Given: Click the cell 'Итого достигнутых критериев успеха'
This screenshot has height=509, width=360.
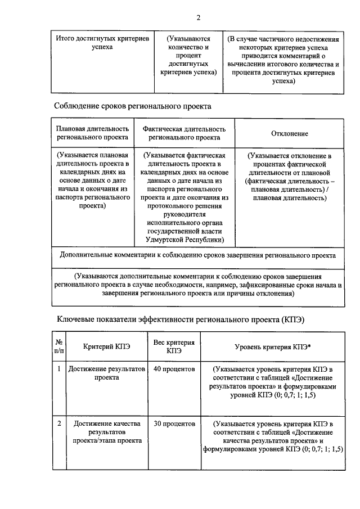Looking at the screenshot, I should [x=102, y=43].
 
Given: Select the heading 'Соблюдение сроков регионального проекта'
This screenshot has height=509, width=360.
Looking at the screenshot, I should [x=132, y=106].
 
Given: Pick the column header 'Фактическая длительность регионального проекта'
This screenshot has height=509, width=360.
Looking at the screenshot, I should [x=184, y=133].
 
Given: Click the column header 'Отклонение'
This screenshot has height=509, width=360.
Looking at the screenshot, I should [x=290, y=133].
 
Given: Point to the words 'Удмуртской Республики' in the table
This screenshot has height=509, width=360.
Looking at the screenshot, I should [x=184, y=240].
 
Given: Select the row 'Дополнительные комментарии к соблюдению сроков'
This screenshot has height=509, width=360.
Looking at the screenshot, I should [x=198, y=255].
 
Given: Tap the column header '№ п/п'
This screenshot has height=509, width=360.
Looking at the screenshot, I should [x=58, y=346].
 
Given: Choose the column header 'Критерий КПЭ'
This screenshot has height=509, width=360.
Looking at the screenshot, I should [x=107, y=347].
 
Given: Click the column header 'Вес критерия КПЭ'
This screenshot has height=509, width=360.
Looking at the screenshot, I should [x=174, y=346].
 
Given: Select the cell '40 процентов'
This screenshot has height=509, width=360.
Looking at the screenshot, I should [x=174, y=370].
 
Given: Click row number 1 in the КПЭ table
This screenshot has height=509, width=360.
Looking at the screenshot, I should [x=58, y=370].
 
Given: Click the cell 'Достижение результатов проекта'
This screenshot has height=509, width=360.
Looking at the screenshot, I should [x=107, y=373].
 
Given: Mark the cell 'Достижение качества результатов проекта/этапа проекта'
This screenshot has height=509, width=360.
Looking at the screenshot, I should [x=107, y=432].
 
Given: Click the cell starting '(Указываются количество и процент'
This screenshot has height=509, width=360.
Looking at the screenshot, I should [x=188, y=56].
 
